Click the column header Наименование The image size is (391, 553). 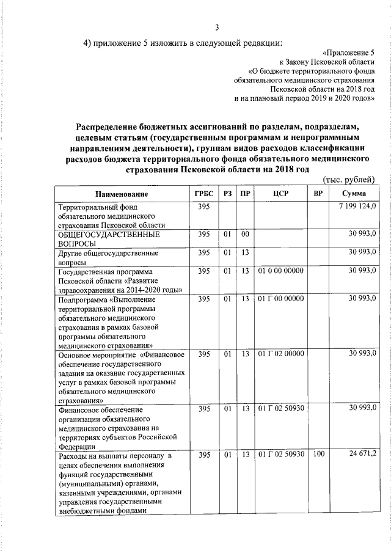point(122,194)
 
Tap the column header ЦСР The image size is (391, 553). point(280,194)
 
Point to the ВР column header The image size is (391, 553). point(318,194)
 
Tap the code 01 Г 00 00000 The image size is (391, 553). point(280,299)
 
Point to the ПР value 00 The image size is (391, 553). point(245,235)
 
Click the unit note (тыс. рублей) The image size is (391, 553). point(348,178)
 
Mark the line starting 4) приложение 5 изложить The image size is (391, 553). point(183,42)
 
